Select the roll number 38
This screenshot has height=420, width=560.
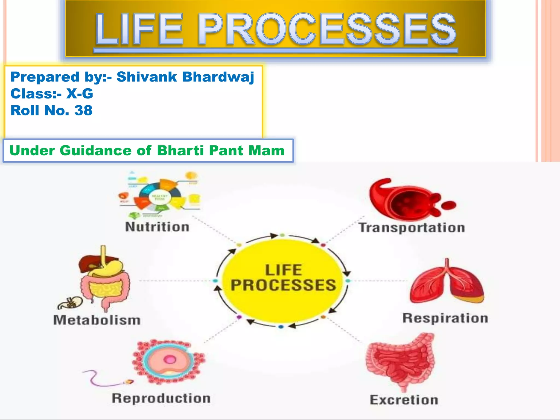click(83, 110)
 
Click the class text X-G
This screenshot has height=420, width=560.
click(80, 94)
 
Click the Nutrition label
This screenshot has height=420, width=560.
click(157, 227)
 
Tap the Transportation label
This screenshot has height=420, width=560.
click(412, 228)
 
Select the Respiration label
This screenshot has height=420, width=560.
click(445, 318)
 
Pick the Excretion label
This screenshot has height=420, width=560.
click(404, 400)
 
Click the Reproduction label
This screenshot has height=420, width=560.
click(161, 398)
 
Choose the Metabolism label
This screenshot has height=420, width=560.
click(97, 320)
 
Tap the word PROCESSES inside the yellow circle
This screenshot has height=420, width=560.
click(283, 285)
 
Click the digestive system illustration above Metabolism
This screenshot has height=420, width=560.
click(105, 279)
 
